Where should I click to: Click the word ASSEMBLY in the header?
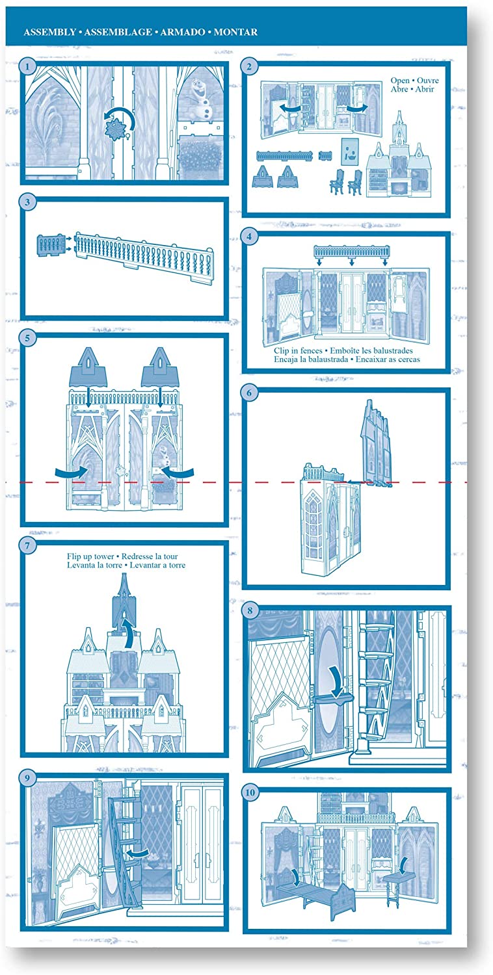pos(49,32)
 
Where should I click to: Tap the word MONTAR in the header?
pos(235,32)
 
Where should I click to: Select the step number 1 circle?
pos(27,66)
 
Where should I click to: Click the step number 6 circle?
pos(249,393)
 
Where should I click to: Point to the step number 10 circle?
pos(250,792)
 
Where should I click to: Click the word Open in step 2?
pos(400,81)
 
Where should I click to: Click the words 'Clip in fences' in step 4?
pos(298,350)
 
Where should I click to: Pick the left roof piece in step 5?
pos(88,367)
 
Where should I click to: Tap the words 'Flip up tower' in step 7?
pos(90,556)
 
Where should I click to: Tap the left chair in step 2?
pos(337,181)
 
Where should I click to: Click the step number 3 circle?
pos(27,202)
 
